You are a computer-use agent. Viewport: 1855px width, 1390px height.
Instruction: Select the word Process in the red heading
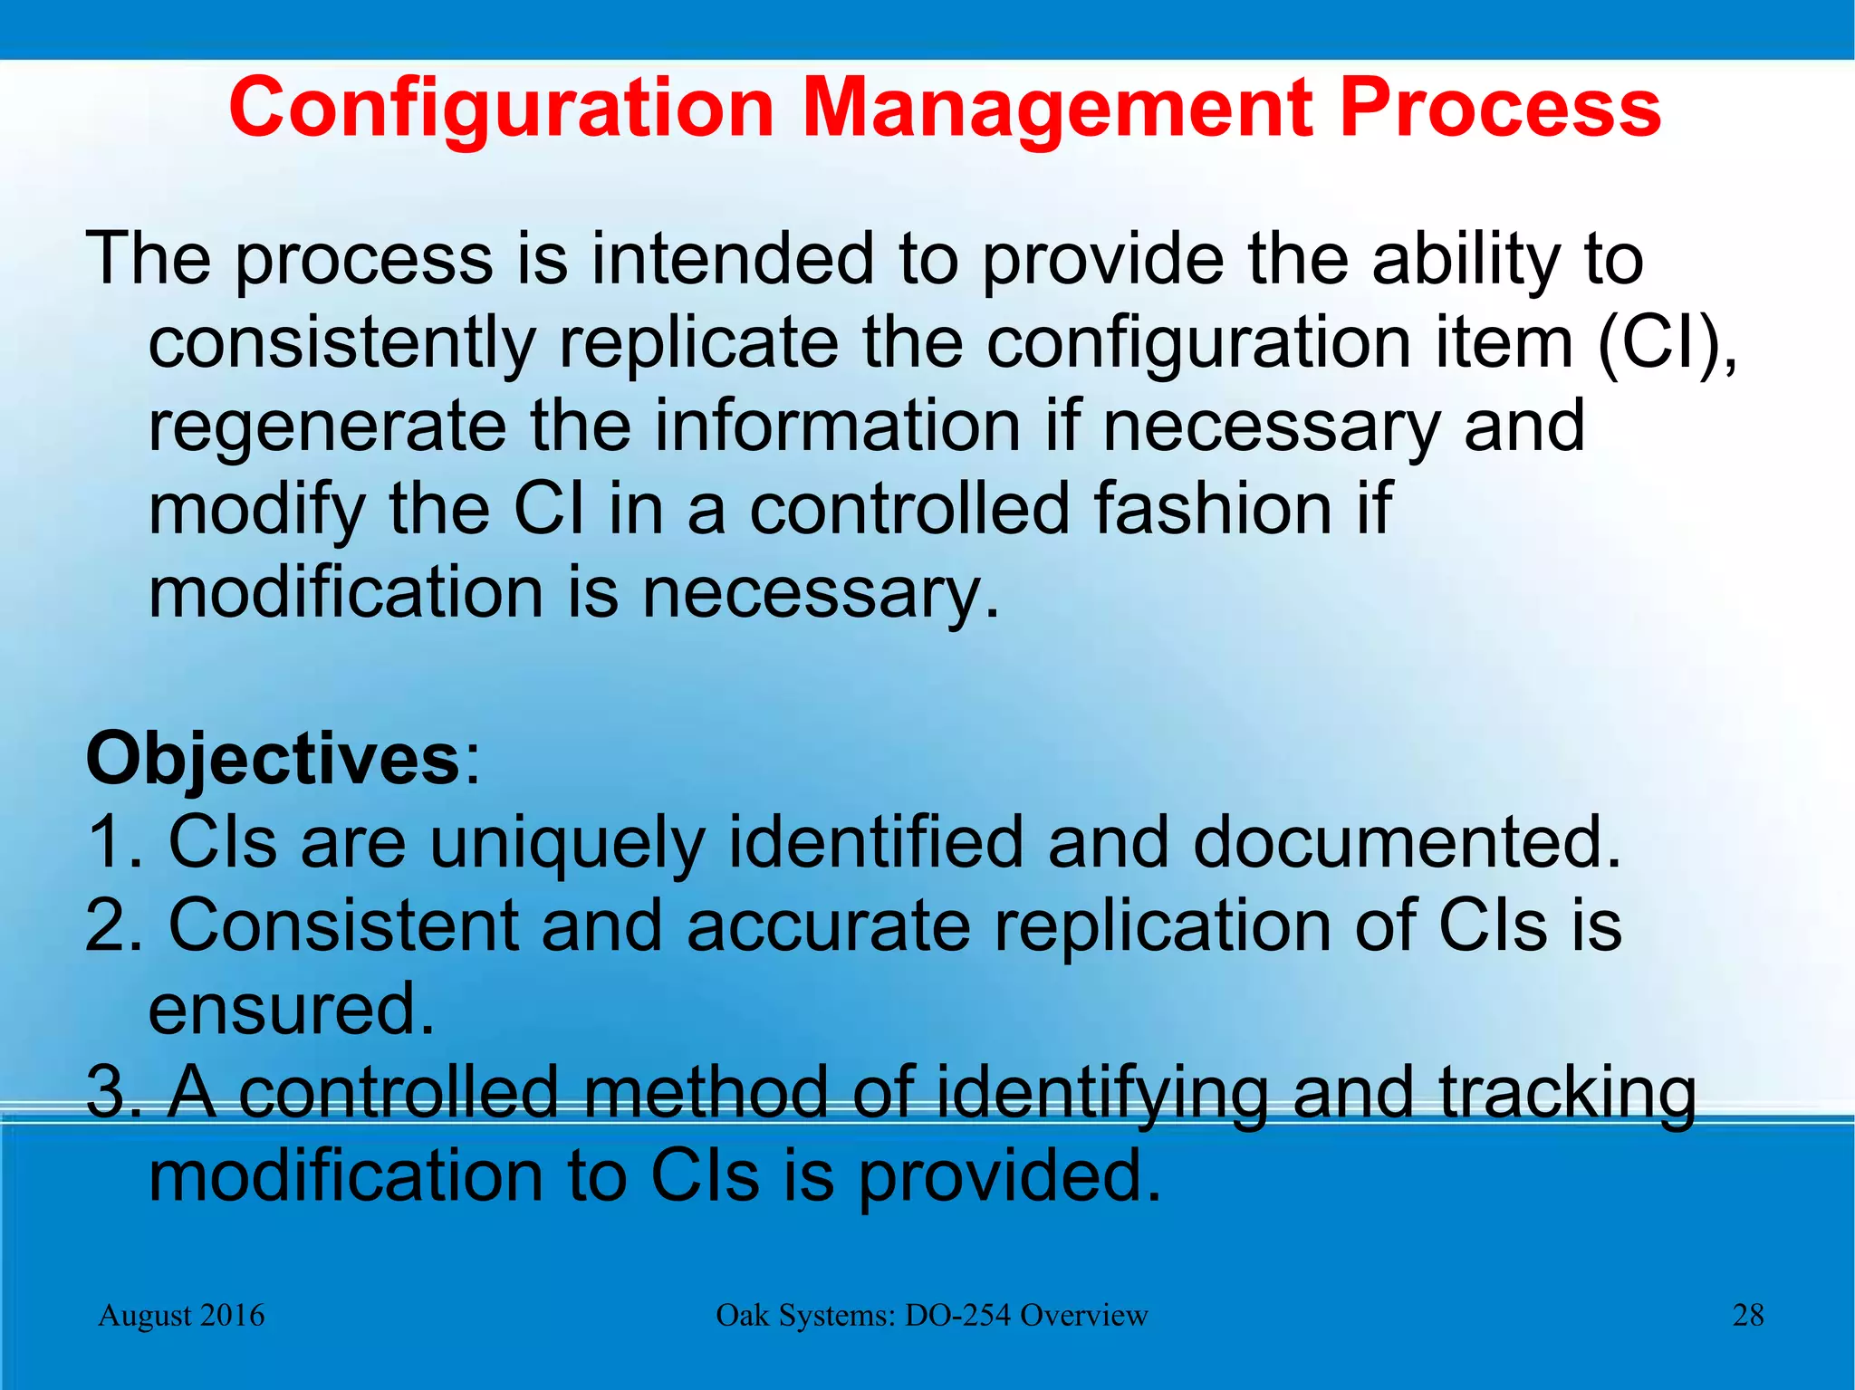(1499, 109)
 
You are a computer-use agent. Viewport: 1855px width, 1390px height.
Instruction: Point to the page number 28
(1747, 1315)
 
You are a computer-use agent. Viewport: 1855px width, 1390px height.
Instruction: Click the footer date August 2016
(181, 1315)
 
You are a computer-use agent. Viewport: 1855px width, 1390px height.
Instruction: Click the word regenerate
(327, 427)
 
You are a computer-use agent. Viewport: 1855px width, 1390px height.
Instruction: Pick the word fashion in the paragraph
(1213, 509)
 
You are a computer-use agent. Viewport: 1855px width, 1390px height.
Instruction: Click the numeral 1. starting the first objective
(113, 842)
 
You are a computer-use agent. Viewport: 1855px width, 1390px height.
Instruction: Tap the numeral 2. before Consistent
(113, 925)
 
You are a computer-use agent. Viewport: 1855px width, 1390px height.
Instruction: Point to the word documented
(1404, 842)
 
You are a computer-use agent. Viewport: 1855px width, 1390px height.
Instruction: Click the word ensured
(291, 1009)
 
